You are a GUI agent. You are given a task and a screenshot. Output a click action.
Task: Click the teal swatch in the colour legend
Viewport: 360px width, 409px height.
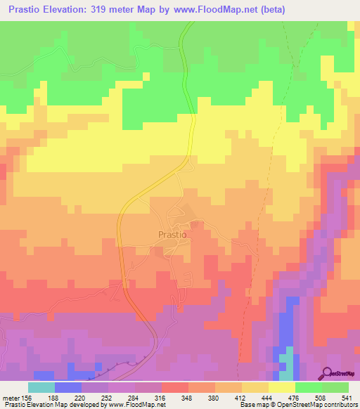[x=41, y=387]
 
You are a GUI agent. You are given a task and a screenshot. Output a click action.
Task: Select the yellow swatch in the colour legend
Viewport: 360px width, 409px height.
[x=281, y=387]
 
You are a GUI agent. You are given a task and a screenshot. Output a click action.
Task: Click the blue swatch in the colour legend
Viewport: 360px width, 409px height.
[x=67, y=387]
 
